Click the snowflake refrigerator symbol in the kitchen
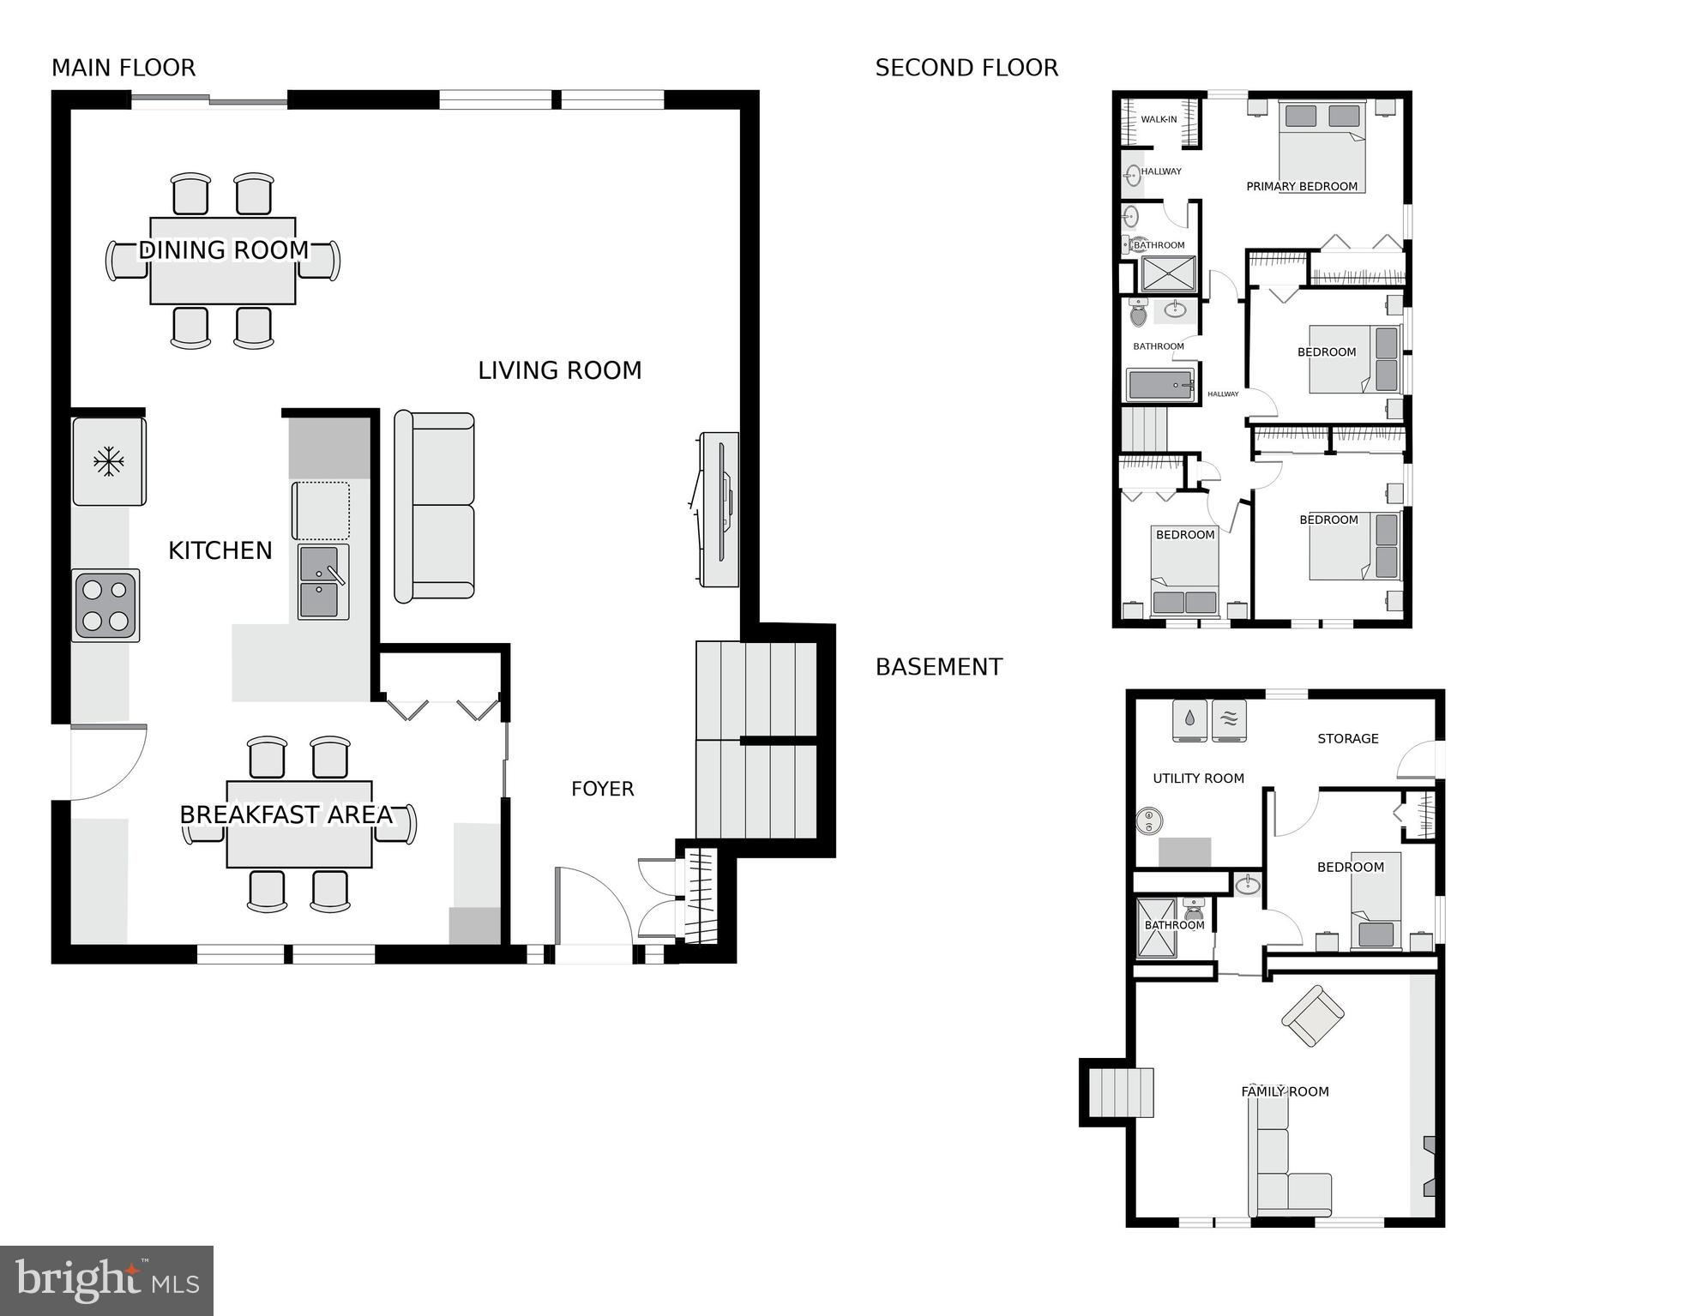109,462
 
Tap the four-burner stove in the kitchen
105,606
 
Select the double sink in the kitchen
323,581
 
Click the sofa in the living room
434,507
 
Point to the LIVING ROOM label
559,370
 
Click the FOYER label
602,789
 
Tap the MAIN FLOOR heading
123,68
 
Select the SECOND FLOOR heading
966,68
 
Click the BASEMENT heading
938,667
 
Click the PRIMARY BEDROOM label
1301,186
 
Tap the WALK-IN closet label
1159,119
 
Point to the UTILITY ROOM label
1198,778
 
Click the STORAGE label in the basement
1347,738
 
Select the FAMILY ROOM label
1285,1091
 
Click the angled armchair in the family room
1312,1016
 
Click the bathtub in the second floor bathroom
1160,385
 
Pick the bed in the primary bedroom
1322,146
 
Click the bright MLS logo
106,1280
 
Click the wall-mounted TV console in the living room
719,509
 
